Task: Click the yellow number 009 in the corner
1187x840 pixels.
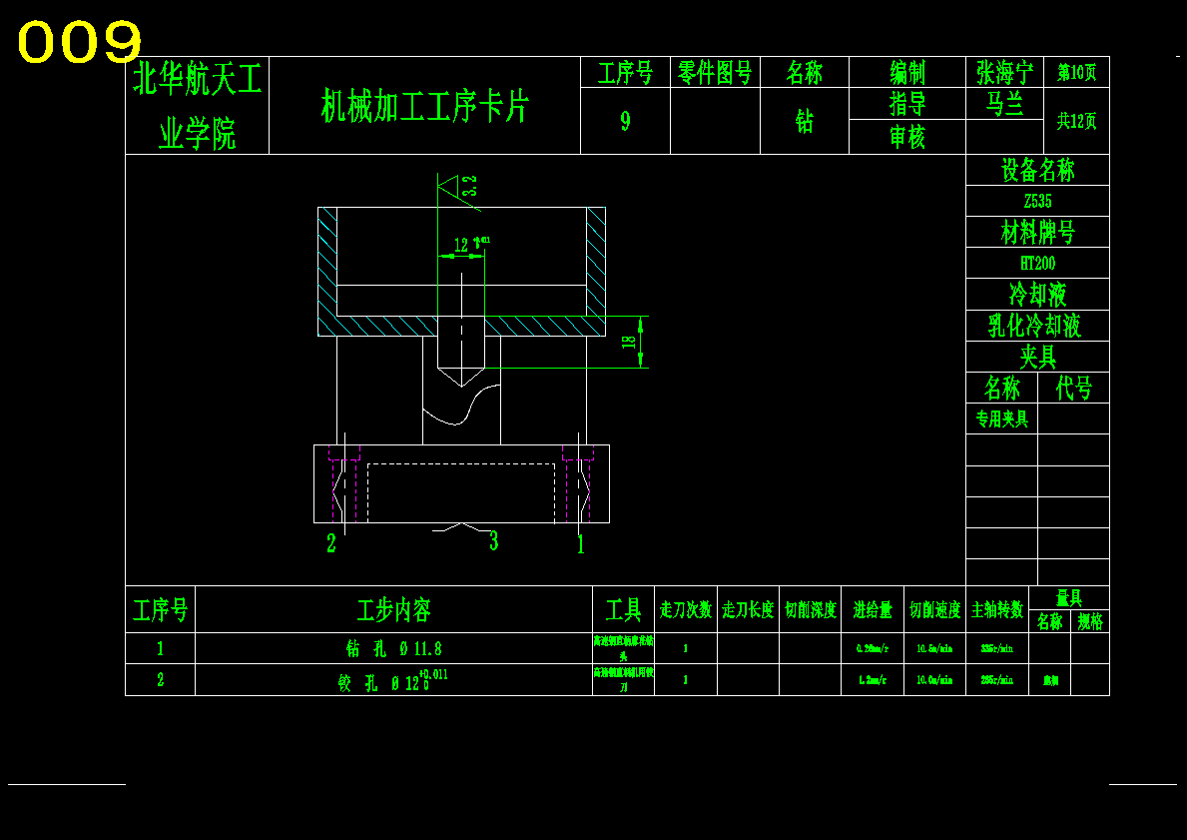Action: [80, 43]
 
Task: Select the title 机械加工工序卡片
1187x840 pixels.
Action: [424, 106]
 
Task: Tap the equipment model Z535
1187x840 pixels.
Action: [1037, 201]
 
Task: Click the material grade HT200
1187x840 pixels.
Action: [1037, 263]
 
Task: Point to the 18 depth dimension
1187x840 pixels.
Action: [629, 341]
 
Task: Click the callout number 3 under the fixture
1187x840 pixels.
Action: [493, 541]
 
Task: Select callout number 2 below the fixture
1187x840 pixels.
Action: [331, 544]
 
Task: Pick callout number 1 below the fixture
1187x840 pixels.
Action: [580, 544]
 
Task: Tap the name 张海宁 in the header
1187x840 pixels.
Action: [1004, 72]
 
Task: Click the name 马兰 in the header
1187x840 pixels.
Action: [1004, 104]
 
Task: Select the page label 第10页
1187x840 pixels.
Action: [1076, 72]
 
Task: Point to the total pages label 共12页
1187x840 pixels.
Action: [1076, 121]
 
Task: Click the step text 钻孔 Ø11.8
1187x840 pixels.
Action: [393, 648]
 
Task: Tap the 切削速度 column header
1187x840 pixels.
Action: [934, 609]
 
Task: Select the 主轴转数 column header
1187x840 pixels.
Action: [996, 609]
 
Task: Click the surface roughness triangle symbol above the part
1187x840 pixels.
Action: [448, 187]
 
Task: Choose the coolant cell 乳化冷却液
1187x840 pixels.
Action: [1037, 326]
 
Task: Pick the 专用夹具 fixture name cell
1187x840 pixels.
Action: [1001, 419]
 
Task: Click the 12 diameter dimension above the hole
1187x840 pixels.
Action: [461, 245]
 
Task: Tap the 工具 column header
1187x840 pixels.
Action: [623, 609]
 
